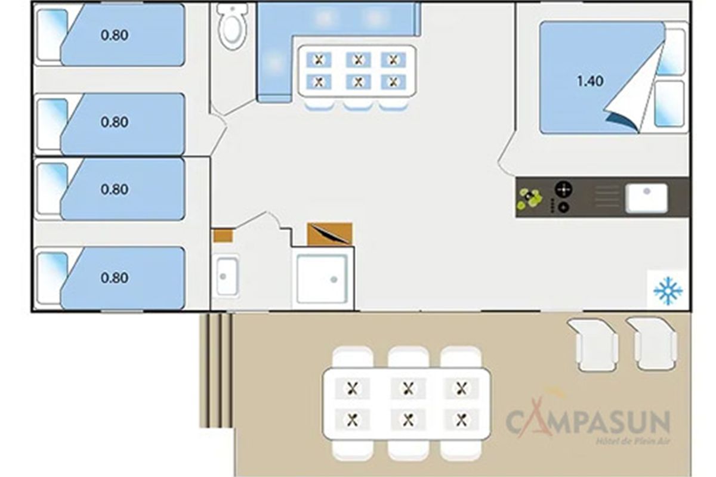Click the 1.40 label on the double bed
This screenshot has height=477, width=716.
590,81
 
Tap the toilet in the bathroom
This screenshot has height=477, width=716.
233,26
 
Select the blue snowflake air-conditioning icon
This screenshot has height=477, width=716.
668,291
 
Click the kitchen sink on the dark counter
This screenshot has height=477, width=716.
646,198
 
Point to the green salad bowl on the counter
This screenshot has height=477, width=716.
529,199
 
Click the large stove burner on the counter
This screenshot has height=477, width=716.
563,189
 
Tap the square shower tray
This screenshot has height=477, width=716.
322,278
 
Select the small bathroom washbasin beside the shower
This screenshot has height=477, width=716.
227,277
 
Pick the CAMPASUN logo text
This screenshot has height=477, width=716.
588,421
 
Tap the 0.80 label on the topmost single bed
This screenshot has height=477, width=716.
115,35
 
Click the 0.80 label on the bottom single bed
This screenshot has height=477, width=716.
115,278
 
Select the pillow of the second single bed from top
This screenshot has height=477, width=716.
51,124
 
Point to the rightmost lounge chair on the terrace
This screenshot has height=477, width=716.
652,344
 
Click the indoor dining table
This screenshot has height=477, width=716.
357,71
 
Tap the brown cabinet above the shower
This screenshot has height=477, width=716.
329,234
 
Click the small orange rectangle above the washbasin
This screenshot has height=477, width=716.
223,236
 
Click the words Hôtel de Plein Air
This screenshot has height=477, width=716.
632,442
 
